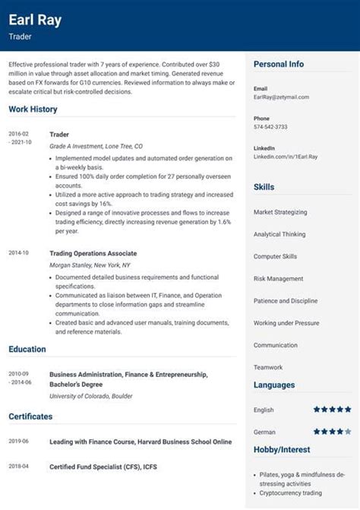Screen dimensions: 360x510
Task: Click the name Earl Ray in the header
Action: pos(35,20)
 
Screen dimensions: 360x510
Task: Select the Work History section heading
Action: pos(33,109)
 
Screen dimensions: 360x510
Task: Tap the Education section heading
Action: pos(27,350)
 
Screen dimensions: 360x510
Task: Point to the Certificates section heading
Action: pos(30,417)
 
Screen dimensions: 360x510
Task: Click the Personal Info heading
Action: pos(279,65)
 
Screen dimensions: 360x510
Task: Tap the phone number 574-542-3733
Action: pos(270,127)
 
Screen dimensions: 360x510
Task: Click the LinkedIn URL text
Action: pos(286,157)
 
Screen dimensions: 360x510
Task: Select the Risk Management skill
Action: pos(278,279)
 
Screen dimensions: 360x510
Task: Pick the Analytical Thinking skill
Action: pos(279,234)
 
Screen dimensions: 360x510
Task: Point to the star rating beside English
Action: pos(331,410)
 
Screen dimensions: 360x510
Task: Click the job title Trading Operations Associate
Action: pos(93,253)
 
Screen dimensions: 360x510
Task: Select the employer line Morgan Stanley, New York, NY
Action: pos(90,266)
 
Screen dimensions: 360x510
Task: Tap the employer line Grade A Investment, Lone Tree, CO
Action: pos(96,146)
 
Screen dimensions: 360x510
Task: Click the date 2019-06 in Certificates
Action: pos(19,441)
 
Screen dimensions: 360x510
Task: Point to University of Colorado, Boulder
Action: pos(91,396)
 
